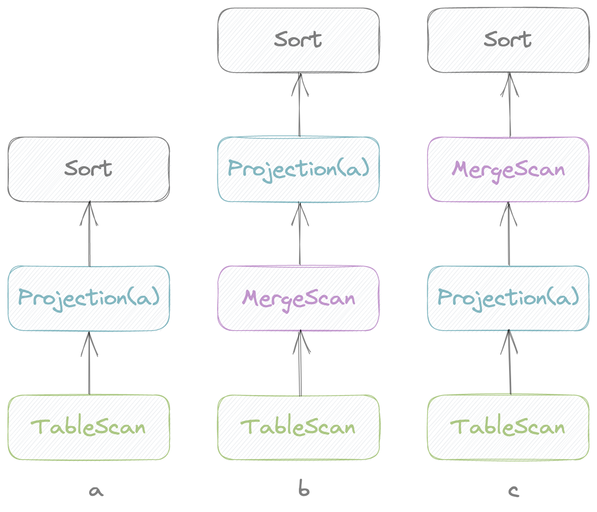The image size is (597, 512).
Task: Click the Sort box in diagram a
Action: (x=89, y=169)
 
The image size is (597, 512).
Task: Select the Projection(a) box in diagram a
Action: (x=89, y=298)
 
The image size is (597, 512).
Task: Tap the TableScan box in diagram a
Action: (x=89, y=427)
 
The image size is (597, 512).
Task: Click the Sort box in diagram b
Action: (x=298, y=40)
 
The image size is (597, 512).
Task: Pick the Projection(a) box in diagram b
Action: (x=298, y=169)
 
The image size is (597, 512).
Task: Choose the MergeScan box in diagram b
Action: (x=298, y=298)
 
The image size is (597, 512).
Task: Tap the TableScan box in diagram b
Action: (x=298, y=427)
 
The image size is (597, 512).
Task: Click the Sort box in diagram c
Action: (x=508, y=40)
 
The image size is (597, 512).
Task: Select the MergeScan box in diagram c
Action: (x=508, y=169)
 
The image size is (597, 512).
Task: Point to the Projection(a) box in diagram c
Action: (x=508, y=298)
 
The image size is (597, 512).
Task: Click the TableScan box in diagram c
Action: (x=508, y=427)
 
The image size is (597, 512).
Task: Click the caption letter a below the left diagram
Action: (x=96, y=491)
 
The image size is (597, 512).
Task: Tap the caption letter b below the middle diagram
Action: (x=304, y=489)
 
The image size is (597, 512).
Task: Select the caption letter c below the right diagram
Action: (x=513, y=491)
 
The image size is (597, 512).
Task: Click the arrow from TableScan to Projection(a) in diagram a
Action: (x=89, y=363)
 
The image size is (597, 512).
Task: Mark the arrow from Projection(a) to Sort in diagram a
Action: (x=89, y=234)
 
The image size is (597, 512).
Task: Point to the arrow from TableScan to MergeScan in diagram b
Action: (x=300, y=363)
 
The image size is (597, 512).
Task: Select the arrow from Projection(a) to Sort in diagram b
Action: (x=300, y=105)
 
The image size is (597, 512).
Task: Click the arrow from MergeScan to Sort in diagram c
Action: (x=510, y=105)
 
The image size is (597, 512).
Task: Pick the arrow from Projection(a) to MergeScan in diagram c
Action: (x=509, y=234)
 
